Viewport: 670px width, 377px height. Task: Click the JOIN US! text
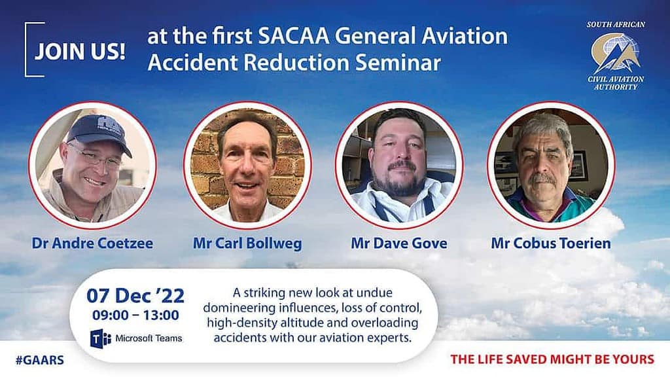point(80,51)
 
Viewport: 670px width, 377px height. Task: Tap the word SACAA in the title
point(294,36)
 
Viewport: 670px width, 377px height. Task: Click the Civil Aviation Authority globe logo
point(615,53)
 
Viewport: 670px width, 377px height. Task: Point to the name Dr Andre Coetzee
point(92,243)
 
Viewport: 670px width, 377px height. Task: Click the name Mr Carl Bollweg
point(247,243)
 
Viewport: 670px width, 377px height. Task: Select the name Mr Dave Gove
point(399,243)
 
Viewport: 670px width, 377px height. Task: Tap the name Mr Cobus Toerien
point(551,243)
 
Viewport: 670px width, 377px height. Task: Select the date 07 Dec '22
point(135,295)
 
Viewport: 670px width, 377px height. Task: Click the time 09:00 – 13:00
point(135,315)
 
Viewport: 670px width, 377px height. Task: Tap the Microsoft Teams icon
point(100,338)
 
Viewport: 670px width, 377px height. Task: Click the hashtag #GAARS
point(40,360)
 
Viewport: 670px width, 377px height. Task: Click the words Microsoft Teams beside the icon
point(149,338)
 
